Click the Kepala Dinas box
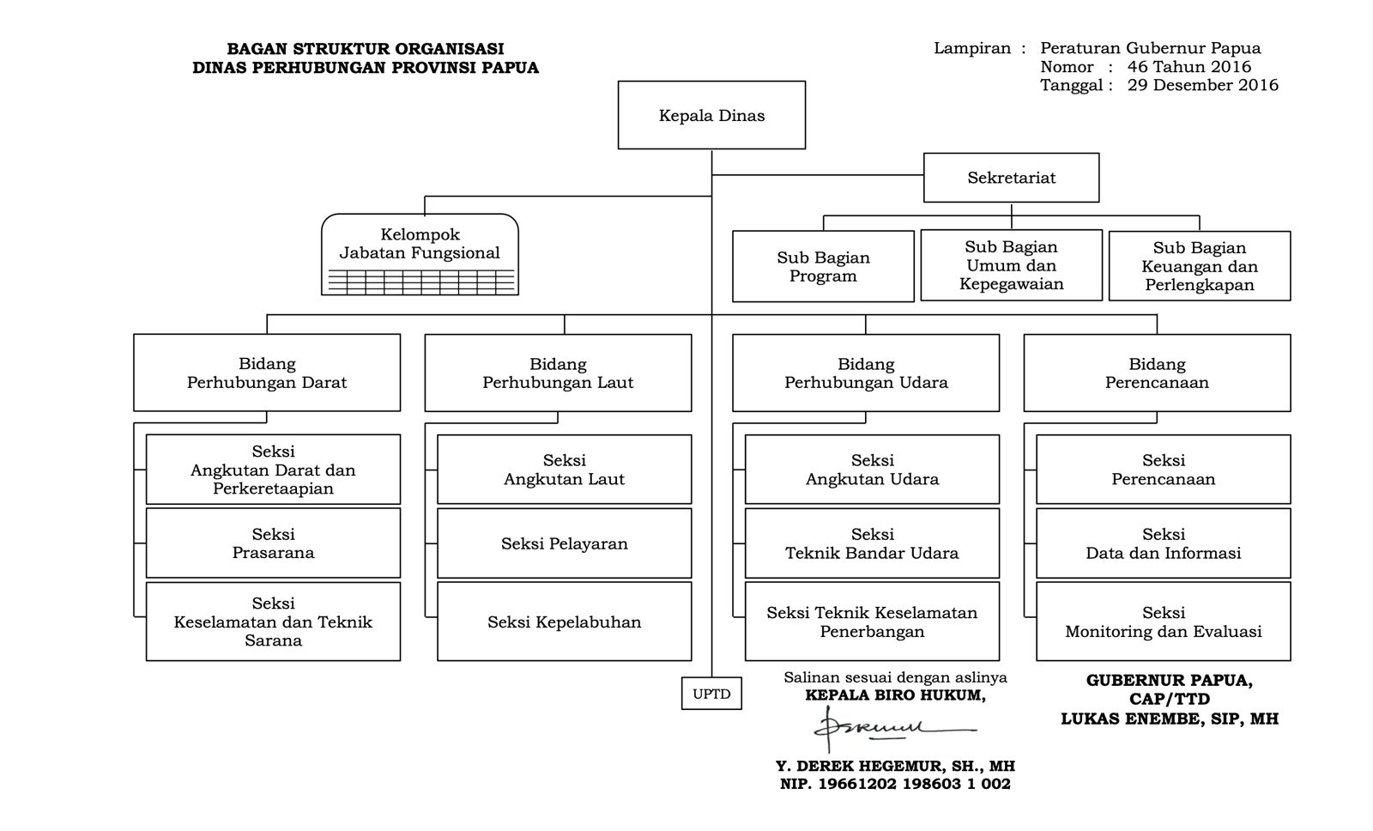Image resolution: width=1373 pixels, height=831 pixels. click(711, 115)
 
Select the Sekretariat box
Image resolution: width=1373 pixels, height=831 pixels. click(1011, 178)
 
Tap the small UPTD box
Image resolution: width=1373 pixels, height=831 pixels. click(711, 694)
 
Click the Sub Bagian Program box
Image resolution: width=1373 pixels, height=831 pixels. click(823, 266)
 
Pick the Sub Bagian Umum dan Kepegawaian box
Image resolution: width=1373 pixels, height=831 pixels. click(1011, 265)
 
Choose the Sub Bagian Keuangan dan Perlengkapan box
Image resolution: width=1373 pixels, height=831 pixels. click(1199, 266)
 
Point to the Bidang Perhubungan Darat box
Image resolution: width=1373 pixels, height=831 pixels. click(267, 373)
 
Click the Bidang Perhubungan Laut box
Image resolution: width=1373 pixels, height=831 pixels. click(558, 373)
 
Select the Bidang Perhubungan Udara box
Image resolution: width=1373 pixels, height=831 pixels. click(866, 373)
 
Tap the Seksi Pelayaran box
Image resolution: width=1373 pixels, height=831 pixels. click(564, 543)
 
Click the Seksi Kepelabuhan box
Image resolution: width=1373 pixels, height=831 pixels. click(564, 622)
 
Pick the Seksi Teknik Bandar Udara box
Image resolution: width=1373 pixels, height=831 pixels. click(872, 543)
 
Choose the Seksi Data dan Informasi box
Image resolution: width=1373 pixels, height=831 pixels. click(1163, 543)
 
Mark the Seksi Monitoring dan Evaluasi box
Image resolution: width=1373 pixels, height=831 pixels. click(1163, 622)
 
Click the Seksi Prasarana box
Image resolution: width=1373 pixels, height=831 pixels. click(273, 543)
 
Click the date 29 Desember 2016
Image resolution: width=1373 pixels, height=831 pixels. click(1203, 85)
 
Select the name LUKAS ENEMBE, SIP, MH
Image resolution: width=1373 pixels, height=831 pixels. click(1169, 719)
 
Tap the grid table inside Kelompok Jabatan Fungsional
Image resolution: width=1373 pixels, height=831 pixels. click(420, 282)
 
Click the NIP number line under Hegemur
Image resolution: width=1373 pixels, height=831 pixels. click(895, 784)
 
